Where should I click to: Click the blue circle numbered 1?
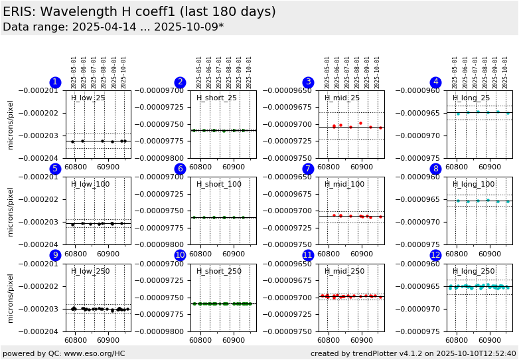point(55,82)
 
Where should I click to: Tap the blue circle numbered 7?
point(307,169)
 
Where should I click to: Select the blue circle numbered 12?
point(435,255)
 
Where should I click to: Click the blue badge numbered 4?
point(435,82)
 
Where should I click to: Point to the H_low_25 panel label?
point(88,98)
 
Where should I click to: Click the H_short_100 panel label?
point(219,185)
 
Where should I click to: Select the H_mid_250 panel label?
point(344,271)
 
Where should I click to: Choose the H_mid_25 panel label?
point(342,98)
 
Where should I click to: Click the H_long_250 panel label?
point(473,271)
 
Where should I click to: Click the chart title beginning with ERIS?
point(139,12)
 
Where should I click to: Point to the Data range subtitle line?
point(113,27)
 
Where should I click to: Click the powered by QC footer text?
point(64,353)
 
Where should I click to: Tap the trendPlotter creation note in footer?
point(413,353)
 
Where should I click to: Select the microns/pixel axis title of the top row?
point(11,125)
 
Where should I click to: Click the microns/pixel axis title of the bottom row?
point(11,298)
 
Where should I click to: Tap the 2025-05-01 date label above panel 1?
point(74,72)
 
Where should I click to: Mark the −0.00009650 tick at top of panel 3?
point(293,91)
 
